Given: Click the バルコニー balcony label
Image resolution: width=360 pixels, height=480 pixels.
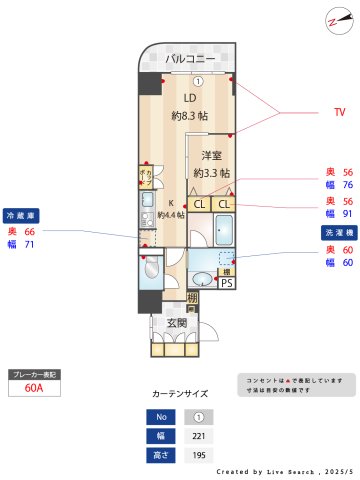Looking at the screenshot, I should pyautogui.click(x=190, y=59).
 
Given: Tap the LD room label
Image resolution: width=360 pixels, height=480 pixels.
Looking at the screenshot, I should pyautogui.click(x=189, y=98).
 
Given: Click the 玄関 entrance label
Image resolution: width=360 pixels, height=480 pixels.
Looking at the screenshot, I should pyautogui.click(x=177, y=322).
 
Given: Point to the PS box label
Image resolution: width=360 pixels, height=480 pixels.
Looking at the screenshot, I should pyautogui.click(x=227, y=283).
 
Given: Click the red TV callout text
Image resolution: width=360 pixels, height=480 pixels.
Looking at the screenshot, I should pyautogui.click(x=338, y=113).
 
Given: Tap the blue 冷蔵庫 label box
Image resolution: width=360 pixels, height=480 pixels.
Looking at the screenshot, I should pyautogui.click(x=24, y=215).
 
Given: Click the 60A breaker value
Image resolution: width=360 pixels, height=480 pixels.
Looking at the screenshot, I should pyautogui.click(x=34, y=389).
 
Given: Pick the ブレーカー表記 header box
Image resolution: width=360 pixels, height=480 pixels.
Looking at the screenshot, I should pyautogui.click(x=34, y=374).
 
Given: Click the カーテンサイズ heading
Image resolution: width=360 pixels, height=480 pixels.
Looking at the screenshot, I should pyautogui.click(x=180, y=394).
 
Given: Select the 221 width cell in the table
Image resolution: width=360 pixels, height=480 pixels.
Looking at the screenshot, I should pyautogui.click(x=198, y=435).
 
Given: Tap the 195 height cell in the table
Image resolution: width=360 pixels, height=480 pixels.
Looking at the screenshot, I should pyautogui.click(x=198, y=455).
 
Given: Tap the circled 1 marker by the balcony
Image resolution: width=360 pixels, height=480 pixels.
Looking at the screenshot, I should pyautogui.click(x=198, y=81).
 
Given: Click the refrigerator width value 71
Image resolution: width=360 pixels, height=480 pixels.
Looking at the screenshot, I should pyautogui.click(x=29, y=244).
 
